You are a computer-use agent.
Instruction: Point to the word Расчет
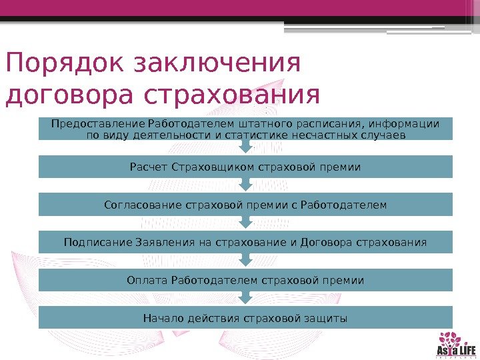(x=149, y=167)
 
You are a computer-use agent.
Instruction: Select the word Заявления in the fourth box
(x=166, y=241)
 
